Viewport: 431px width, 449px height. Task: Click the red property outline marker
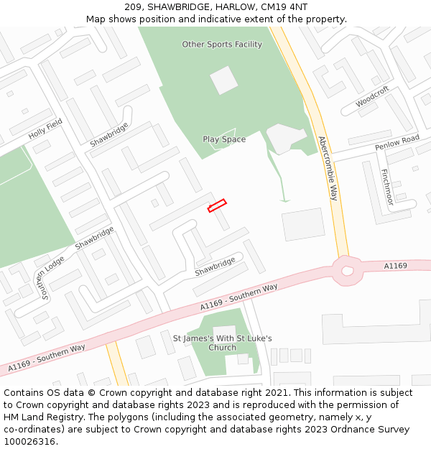point(217,205)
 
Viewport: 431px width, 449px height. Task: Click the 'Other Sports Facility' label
point(222,45)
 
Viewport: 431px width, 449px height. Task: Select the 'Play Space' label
point(224,139)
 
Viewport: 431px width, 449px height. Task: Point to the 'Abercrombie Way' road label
point(328,168)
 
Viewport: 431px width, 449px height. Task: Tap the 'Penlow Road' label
point(397,142)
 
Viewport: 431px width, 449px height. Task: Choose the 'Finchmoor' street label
point(386,188)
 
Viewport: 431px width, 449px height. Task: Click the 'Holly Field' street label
point(45,129)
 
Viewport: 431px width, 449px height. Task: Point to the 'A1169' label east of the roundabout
point(395,266)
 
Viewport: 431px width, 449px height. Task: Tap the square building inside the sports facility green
point(223,80)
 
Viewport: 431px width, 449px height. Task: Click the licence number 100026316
point(30,442)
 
